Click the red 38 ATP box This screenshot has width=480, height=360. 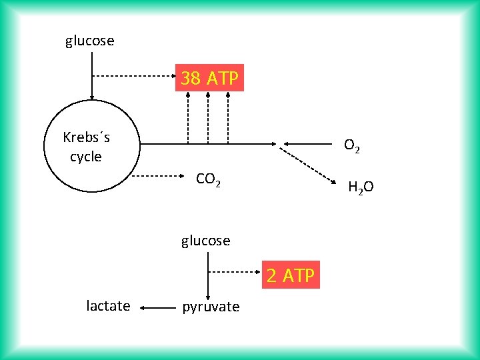210,78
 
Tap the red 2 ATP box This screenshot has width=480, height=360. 290,275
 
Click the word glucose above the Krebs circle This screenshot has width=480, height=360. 89,41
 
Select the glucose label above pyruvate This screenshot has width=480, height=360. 205,241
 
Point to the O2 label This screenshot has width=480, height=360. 352,145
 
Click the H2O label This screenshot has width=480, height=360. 361,187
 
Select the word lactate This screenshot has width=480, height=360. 108,306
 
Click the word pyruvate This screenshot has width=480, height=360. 211,307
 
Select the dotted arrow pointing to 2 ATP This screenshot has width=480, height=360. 233,273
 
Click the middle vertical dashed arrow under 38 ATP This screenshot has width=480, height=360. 208,117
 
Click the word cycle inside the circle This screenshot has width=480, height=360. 86,157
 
